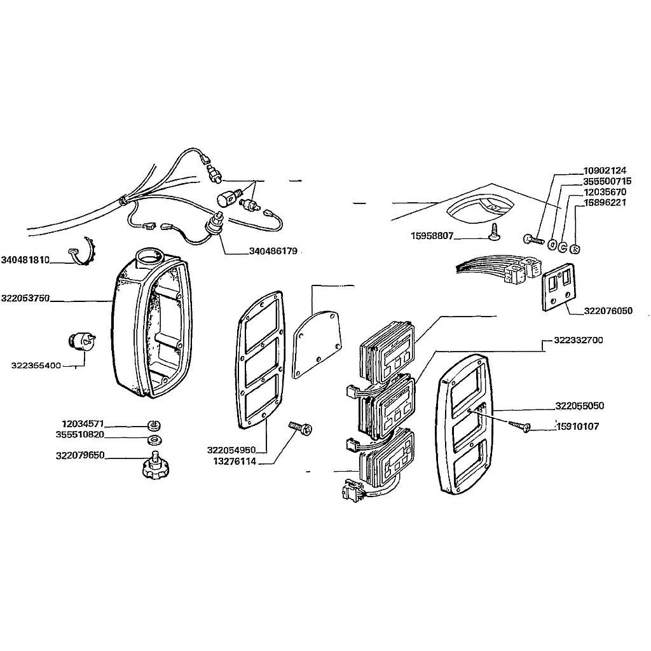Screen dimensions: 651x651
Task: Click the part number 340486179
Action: click(x=273, y=251)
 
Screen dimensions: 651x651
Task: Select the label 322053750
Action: click(x=25, y=298)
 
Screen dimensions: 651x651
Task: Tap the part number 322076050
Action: click(x=608, y=310)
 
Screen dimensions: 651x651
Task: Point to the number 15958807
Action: click(x=432, y=236)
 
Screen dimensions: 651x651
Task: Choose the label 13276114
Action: click(x=235, y=462)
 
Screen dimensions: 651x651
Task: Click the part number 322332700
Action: click(x=579, y=340)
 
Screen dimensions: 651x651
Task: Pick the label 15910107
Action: click(x=577, y=427)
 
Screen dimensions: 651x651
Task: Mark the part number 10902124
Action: click(x=605, y=170)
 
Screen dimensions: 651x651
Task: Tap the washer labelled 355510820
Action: click(x=155, y=439)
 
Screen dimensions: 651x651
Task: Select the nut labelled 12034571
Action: click(x=154, y=425)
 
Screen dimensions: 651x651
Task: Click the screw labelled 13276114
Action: click(x=300, y=428)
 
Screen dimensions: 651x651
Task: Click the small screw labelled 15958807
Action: click(x=495, y=231)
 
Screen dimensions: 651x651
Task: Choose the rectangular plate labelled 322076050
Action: click(x=559, y=287)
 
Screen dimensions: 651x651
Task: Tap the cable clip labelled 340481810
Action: click(x=82, y=252)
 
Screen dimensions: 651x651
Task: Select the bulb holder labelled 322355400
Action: click(x=81, y=341)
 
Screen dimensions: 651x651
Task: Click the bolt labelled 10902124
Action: click(x=533, y=240)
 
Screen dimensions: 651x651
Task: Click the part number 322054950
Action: click(x=231, y=450)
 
